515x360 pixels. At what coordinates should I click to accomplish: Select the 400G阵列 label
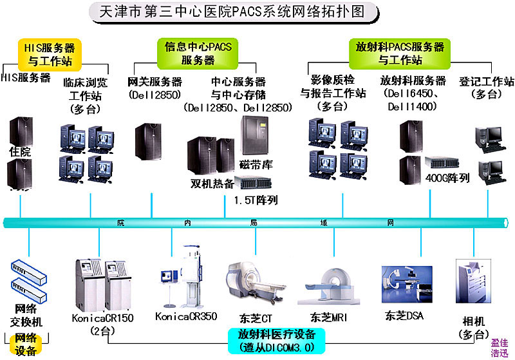[x=448, y=177]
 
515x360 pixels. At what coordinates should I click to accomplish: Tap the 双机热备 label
[x=212, y=183]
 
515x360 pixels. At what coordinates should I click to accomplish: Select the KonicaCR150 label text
[x=103, y=318]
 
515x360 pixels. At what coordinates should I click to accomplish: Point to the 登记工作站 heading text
[x=487, y=87]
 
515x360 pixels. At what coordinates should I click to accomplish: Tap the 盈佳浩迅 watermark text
[x=500, y=348]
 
